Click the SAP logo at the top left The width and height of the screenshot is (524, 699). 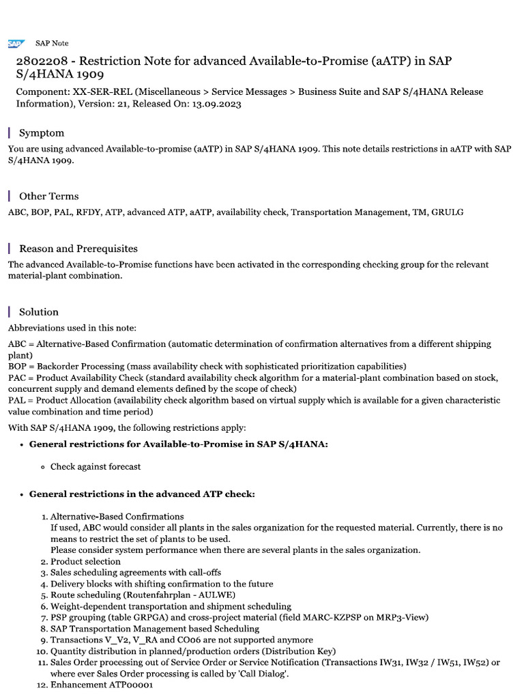click(x=15, y=43)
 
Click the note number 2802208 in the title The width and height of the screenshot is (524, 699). click(x=40, y=61)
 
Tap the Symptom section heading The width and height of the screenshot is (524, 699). click(x=42, y=133)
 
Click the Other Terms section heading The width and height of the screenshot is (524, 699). click(x=48, y=196)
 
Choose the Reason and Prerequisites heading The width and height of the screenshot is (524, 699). click(x=78, y=248)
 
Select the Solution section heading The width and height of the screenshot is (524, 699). click(x=39, y=311)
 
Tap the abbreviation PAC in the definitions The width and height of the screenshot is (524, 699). click(x=18, y=378)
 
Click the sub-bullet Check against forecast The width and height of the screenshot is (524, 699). click(x=96, y=467)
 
